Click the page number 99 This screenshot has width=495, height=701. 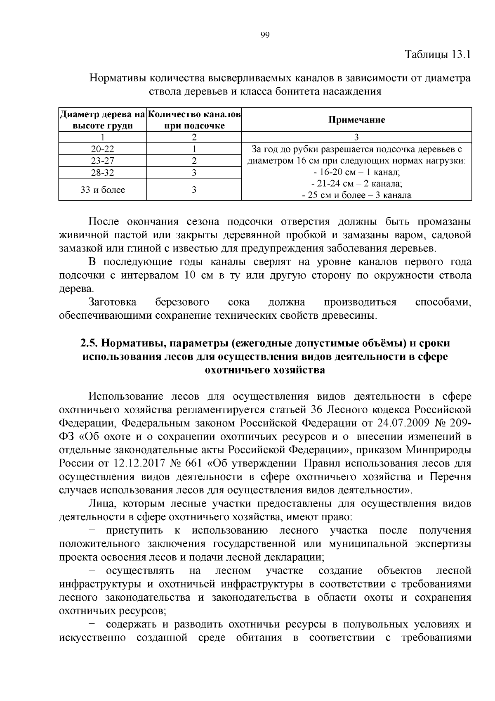(x=265, y=35)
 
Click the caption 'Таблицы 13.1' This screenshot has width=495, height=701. (x=438, y=54)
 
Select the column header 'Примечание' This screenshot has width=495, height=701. (x=356, y=120)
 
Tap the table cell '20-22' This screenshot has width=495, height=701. (x=103, y=149)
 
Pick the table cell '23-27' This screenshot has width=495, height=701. (x=103, y=161)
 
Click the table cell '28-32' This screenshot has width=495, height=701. (x=103, y=173)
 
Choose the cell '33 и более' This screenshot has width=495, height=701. (x=103, y=190)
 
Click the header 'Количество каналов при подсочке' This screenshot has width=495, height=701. (x=194, y=120)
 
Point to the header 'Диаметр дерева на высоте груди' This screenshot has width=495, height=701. (x=103, y=120)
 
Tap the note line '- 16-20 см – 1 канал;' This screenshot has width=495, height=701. (x=356, y=172)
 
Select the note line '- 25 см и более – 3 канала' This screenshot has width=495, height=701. (x=356, y=195)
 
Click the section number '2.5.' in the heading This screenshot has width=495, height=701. (x=89, y=343)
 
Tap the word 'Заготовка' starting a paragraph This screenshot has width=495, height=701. (x=112, y=302)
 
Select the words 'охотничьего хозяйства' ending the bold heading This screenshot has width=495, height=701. (x=265, y=370)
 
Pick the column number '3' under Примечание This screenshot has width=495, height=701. (x=356, y=137)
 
